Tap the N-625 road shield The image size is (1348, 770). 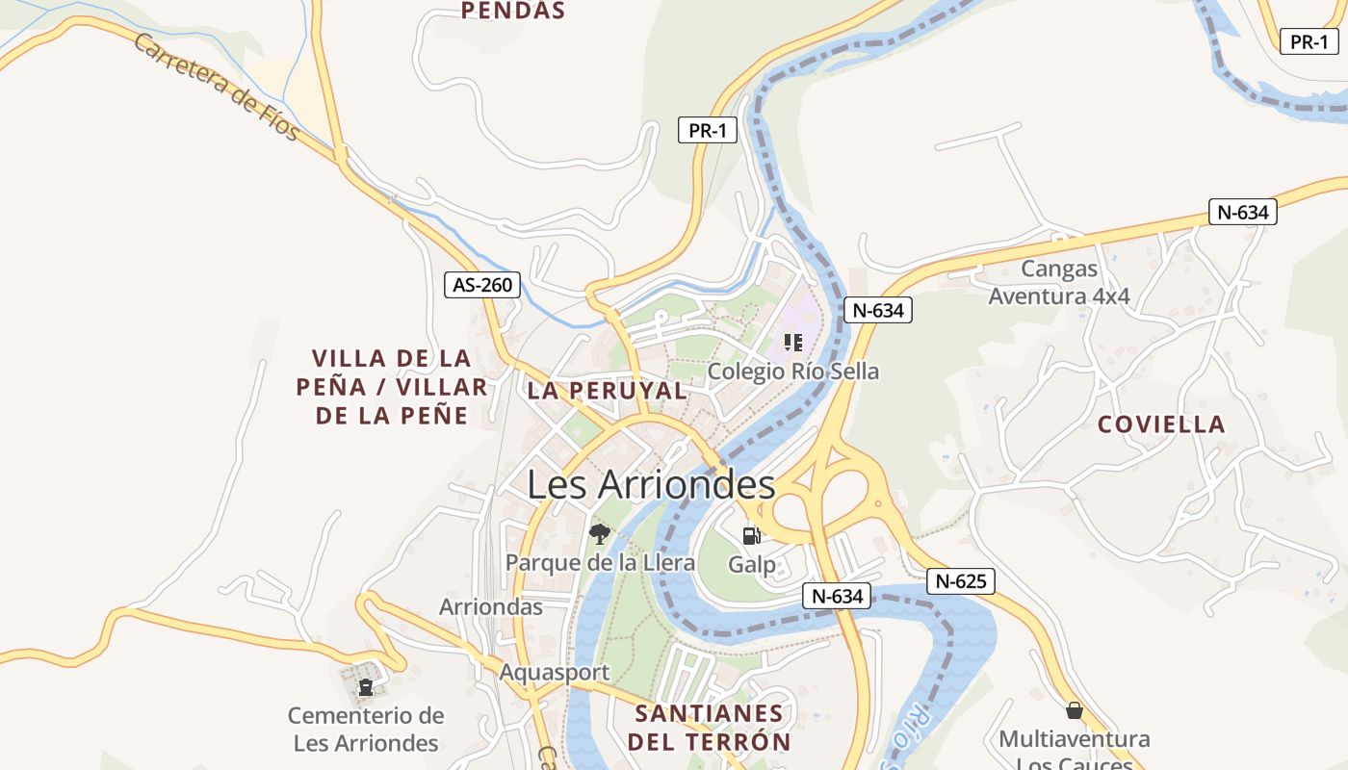(961, 581)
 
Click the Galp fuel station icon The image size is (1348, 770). (751, 536)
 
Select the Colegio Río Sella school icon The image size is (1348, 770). (793, 343)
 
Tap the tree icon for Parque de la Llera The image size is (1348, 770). (600, 534)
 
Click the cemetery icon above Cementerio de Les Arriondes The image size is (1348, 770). (366, 687)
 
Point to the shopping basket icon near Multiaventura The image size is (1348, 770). (1075, 710)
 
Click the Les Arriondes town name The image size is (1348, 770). (651, 484)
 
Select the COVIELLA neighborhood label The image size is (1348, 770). (1161, 424)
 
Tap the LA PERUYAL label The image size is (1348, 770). (607, 391)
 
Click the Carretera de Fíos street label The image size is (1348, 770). (217, 87)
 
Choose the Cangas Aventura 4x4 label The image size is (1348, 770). (1059, 283)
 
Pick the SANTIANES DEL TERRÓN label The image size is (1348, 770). (709, 728)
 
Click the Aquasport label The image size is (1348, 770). (554, 672)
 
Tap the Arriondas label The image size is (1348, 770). (491, 607)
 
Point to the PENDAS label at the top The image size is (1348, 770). (512, 12)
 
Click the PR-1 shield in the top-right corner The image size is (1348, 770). (1309, 41)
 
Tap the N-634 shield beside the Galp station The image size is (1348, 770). (837, 596)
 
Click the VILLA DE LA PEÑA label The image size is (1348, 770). (391, 387)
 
